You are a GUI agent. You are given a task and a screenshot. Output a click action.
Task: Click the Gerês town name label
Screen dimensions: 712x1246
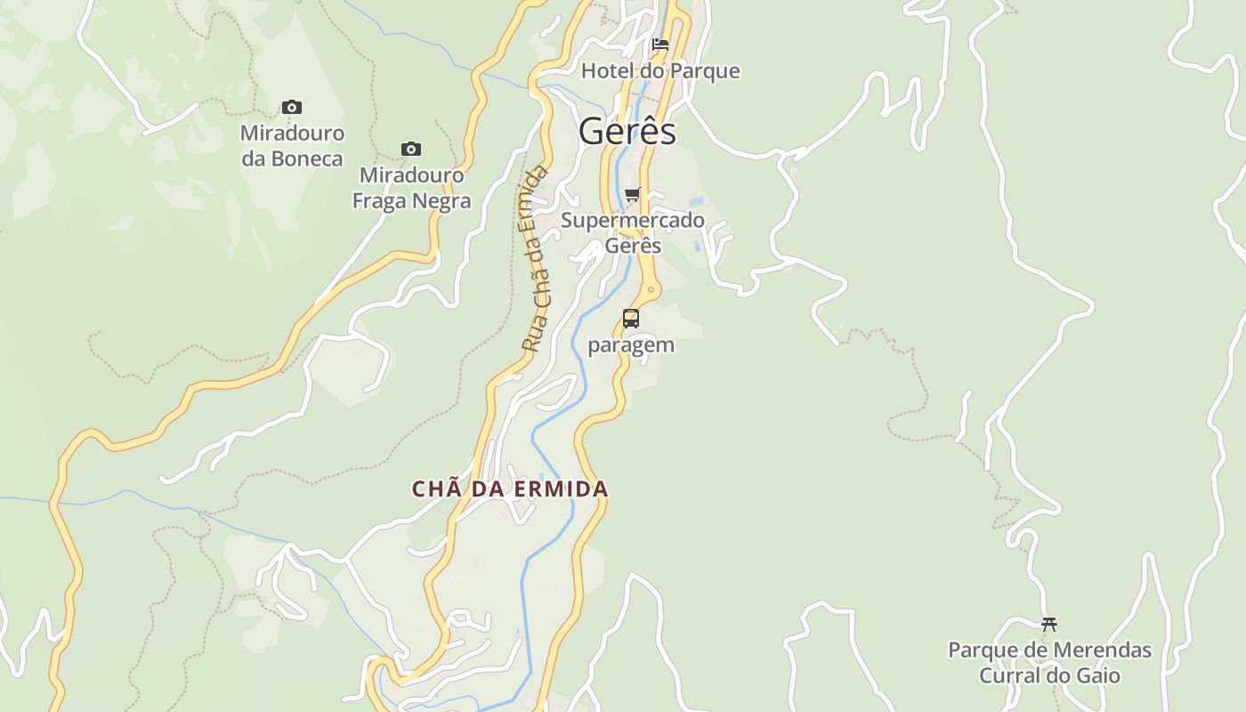pos(627,132)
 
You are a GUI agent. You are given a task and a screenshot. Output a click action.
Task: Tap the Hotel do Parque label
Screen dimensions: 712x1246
pos(660,70)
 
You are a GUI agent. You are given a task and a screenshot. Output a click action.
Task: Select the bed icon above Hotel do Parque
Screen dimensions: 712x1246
pos(660,44)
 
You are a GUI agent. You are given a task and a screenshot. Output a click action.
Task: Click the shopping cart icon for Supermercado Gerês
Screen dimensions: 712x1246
pos(632,194)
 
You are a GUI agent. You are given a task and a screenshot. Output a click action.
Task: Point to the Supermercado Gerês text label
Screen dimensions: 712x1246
pos(633,232)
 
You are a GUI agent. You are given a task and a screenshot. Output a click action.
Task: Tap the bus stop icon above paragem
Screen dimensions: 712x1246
pos(631,318)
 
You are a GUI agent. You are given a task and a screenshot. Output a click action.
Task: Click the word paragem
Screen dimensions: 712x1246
pos(631,345)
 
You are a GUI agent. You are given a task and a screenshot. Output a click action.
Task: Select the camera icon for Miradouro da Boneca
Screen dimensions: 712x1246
pos(292,108)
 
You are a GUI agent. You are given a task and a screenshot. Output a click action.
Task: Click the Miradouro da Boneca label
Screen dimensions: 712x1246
pos(292,146)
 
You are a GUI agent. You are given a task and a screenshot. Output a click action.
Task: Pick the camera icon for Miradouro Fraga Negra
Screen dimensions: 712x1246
pos(411,149)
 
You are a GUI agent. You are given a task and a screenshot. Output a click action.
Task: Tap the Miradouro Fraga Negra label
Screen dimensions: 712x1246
pos(411,188)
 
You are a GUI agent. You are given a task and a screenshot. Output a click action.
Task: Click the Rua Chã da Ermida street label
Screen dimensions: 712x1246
pos(534,258)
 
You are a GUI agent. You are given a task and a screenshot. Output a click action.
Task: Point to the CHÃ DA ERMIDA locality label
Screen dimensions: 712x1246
pos(510,489)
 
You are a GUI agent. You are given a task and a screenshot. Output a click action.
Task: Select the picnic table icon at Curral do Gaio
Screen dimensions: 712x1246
pos(1049,624)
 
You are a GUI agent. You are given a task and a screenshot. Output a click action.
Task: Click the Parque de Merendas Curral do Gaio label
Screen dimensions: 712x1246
pos(1049,663)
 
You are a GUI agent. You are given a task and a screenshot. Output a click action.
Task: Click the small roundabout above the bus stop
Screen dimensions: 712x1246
pos(652,287)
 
